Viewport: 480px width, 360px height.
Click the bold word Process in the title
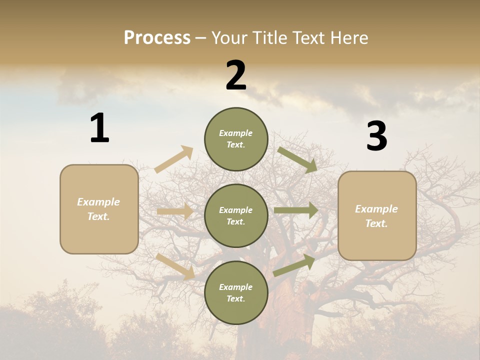tap(157, 38)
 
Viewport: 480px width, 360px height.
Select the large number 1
tap(99, 128)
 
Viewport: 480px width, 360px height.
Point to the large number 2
tap(236, 75)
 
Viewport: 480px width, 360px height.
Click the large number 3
tap(376, 136)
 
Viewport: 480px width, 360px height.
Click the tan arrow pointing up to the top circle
tap(174, 159)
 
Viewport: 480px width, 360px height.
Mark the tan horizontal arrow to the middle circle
tap(175, 211)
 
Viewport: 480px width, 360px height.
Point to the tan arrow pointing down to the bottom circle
tap(175, 266)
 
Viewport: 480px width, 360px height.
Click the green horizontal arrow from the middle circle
tap(296, 210)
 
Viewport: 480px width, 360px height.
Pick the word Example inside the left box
tap(98, 202)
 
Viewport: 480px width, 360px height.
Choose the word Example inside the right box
tap(376, 209)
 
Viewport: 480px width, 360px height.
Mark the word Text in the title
tap(310, 38)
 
